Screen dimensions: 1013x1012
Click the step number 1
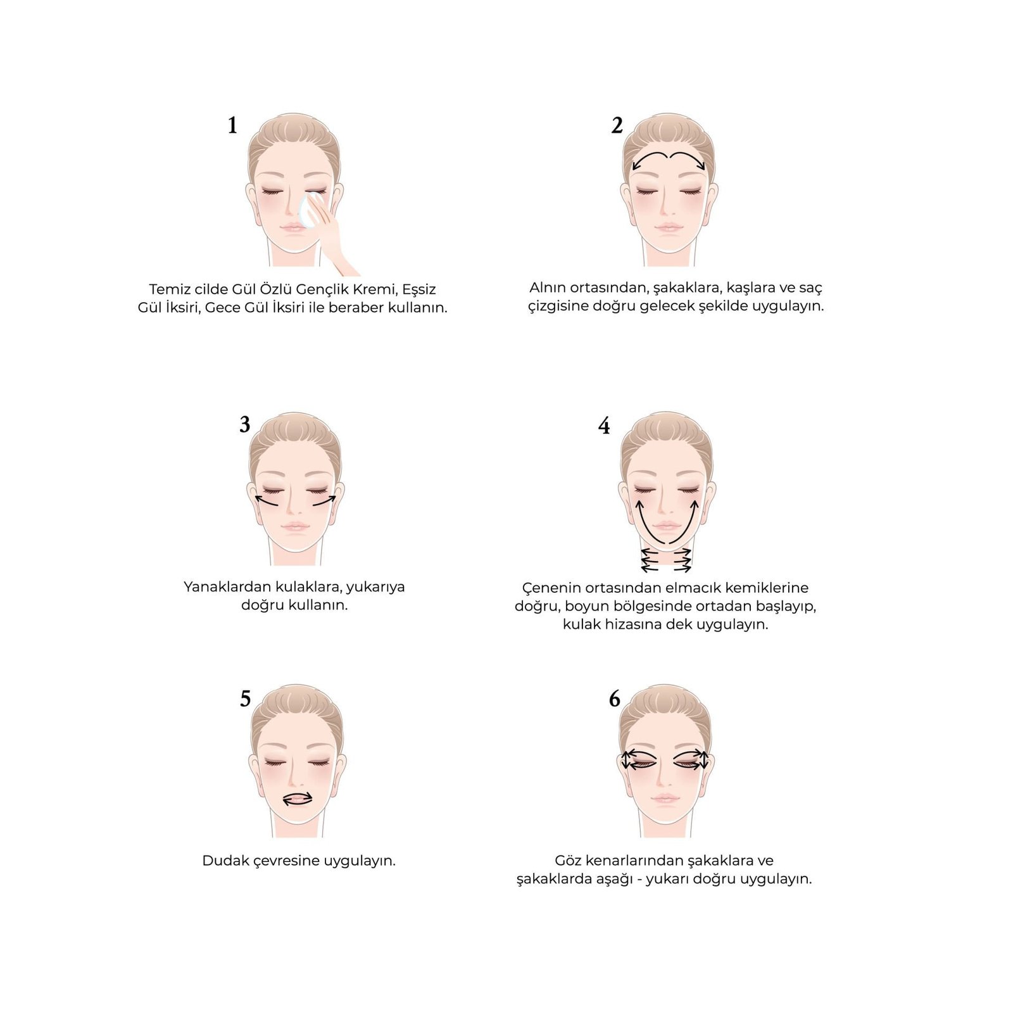click(232, 125)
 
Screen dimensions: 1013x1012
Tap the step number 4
click(604, 426)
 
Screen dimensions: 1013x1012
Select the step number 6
click(615, 699)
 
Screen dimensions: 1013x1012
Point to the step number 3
click(245, 424)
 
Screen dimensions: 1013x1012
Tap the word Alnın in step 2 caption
click(548, 288)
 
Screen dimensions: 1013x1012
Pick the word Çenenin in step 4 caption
click(548, 588)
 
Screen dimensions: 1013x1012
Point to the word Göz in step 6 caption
click(568, 861)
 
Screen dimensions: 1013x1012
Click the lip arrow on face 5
click(297, 799)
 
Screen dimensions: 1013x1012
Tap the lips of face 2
click(669, 227)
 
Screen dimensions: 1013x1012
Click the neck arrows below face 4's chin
click(666, 560)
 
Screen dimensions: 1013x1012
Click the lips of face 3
click(295, 526)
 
